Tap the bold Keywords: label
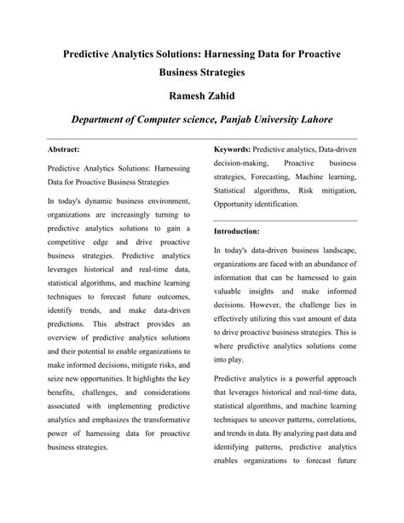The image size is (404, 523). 233,148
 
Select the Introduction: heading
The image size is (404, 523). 237,231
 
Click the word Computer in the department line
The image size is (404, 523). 163,117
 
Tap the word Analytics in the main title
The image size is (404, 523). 144,53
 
